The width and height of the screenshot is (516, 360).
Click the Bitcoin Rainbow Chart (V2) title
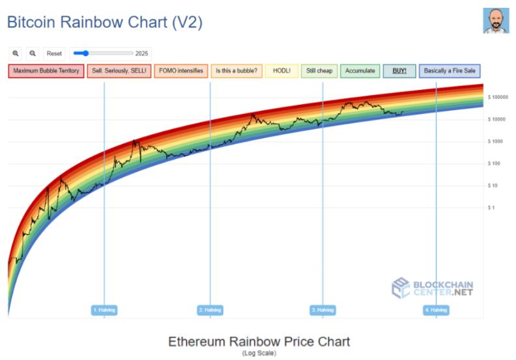(104, 22)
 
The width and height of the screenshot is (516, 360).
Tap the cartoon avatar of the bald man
(496, 21)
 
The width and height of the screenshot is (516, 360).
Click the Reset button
(55, 53)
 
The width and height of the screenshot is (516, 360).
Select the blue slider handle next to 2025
(84, 53)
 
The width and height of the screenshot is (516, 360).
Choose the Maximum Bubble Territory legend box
(46, 71)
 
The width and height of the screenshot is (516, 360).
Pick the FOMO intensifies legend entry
(181, 71)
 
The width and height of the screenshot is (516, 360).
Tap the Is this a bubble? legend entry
(236, 71)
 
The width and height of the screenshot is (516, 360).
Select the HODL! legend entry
(282, 71)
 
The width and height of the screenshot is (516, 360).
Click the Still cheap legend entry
(319, 71)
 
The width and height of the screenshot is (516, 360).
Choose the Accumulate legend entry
(360, 71)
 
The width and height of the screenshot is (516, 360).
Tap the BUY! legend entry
(400, 71)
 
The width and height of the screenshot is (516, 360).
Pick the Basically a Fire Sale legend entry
(450, 71)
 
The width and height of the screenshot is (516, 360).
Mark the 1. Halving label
(104, 310)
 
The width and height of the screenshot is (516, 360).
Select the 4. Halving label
(436, 310)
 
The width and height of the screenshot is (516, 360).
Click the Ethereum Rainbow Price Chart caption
(259, 342)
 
